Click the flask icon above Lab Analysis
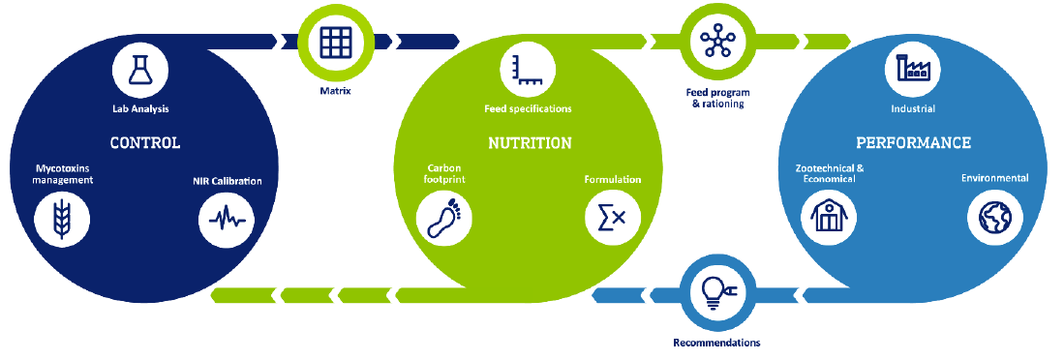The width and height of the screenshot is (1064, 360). (x=139, y=70)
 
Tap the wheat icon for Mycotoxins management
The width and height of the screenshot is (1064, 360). (x=62, y=219)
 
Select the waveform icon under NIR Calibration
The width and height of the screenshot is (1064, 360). (x=227, y=219)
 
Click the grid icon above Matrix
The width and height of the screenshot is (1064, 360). (x=337, y=41)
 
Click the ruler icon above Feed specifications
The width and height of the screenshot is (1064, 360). (x=528, y=69)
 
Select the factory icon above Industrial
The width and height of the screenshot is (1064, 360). (x=913, y=69)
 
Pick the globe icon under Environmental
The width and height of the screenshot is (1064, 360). (x=995, y=217)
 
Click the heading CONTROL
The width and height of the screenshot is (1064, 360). (x=146, y=143)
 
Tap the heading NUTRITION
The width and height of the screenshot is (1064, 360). (x=530, y=143)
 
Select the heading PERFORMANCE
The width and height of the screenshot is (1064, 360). (x=913, y=143)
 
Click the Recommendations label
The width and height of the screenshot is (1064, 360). (x=716, y=343)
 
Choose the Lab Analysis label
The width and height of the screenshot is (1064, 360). (x=140, y=107)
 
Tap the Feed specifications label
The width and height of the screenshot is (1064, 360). (x=528, y=108)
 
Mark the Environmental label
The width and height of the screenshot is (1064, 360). (x=995, y=178)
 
